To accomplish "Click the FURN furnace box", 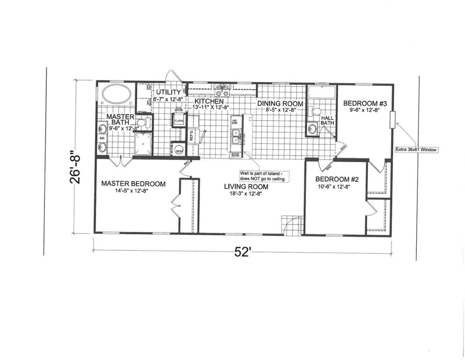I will coord(178,121).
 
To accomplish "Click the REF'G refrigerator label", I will coord(192,135).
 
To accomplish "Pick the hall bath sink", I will coord(311,128).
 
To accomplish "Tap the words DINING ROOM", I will coord(280,104).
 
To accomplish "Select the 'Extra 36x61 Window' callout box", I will coord(417,150).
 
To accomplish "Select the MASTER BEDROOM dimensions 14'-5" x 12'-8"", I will coord(133,192).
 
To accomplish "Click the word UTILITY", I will coord(169,91).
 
